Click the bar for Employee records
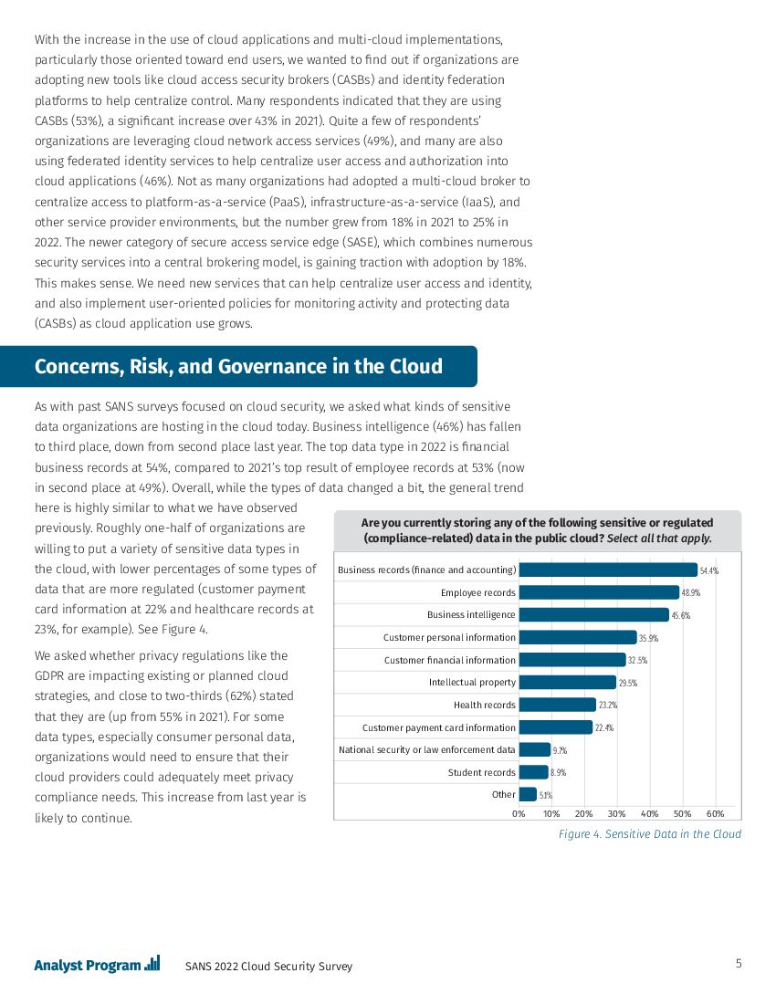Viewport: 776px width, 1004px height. click(599, 592)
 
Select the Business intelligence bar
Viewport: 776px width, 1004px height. click(593, 615)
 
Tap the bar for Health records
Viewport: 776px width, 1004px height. click(557, 705)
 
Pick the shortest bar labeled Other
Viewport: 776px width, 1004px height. click(528, 795)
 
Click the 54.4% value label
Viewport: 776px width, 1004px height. click(708, 570)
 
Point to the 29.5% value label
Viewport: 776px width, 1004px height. click(628, 683)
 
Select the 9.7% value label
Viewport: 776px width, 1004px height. click(561, 750)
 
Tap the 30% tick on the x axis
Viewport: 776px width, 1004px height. click(617, 813)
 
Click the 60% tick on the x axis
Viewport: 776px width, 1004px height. click(716, 813)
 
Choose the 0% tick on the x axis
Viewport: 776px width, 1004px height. click(519, 813)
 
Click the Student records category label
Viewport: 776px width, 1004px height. click(481, 773)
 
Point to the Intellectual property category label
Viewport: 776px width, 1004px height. click(472, 683)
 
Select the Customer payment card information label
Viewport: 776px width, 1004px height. click(439, 727)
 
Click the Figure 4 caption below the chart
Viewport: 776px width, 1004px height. click(649, 834)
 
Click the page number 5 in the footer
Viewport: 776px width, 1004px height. click(738, 964)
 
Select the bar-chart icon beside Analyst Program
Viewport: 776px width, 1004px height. click(152, 963)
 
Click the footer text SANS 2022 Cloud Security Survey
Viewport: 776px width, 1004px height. click(268, 967)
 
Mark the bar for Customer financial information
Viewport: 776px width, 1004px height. click(572, 660)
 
